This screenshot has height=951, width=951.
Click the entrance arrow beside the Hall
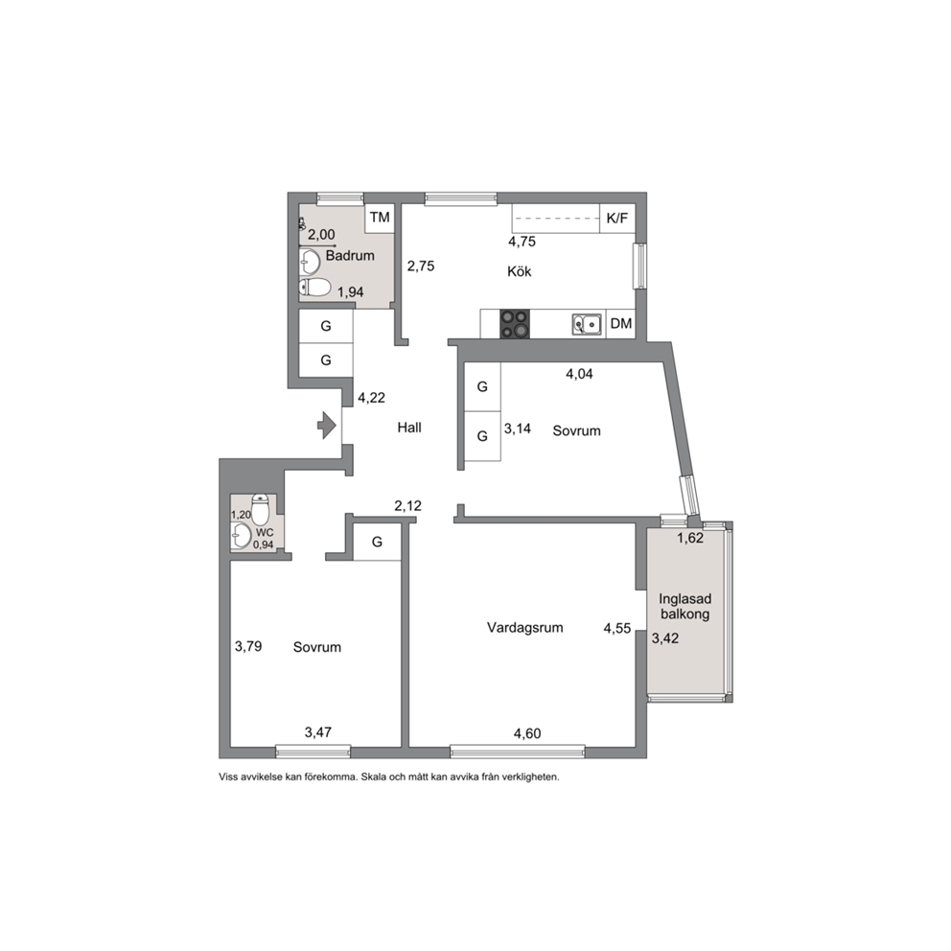click(327, 425)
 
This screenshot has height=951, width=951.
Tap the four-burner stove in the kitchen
click(514, 324)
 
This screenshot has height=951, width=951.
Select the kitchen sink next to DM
click(587, 324)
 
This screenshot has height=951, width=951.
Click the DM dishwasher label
click(621, 324)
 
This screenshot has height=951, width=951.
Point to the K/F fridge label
click(617, 219)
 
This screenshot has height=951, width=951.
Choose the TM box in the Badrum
click(380, 217)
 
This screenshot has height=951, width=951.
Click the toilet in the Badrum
click(314, 287)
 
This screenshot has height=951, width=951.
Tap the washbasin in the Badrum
click(310, 262)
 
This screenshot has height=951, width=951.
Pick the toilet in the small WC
click(260, 509)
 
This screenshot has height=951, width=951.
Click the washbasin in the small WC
click(242, 536)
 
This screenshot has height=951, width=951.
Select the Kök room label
click(520, 271)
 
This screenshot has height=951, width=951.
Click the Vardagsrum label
click(525, 628)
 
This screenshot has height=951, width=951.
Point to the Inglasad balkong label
click(685, 607)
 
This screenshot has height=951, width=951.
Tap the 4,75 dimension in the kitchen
click(522, 242)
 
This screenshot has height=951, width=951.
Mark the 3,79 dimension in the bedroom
click(248, 646)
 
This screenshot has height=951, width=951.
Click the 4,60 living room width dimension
click(527, 734)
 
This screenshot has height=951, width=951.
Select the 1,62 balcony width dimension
click(690, 538)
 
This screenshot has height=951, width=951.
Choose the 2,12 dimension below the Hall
click(407, 506)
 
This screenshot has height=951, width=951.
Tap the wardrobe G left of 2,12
click(378, 542)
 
